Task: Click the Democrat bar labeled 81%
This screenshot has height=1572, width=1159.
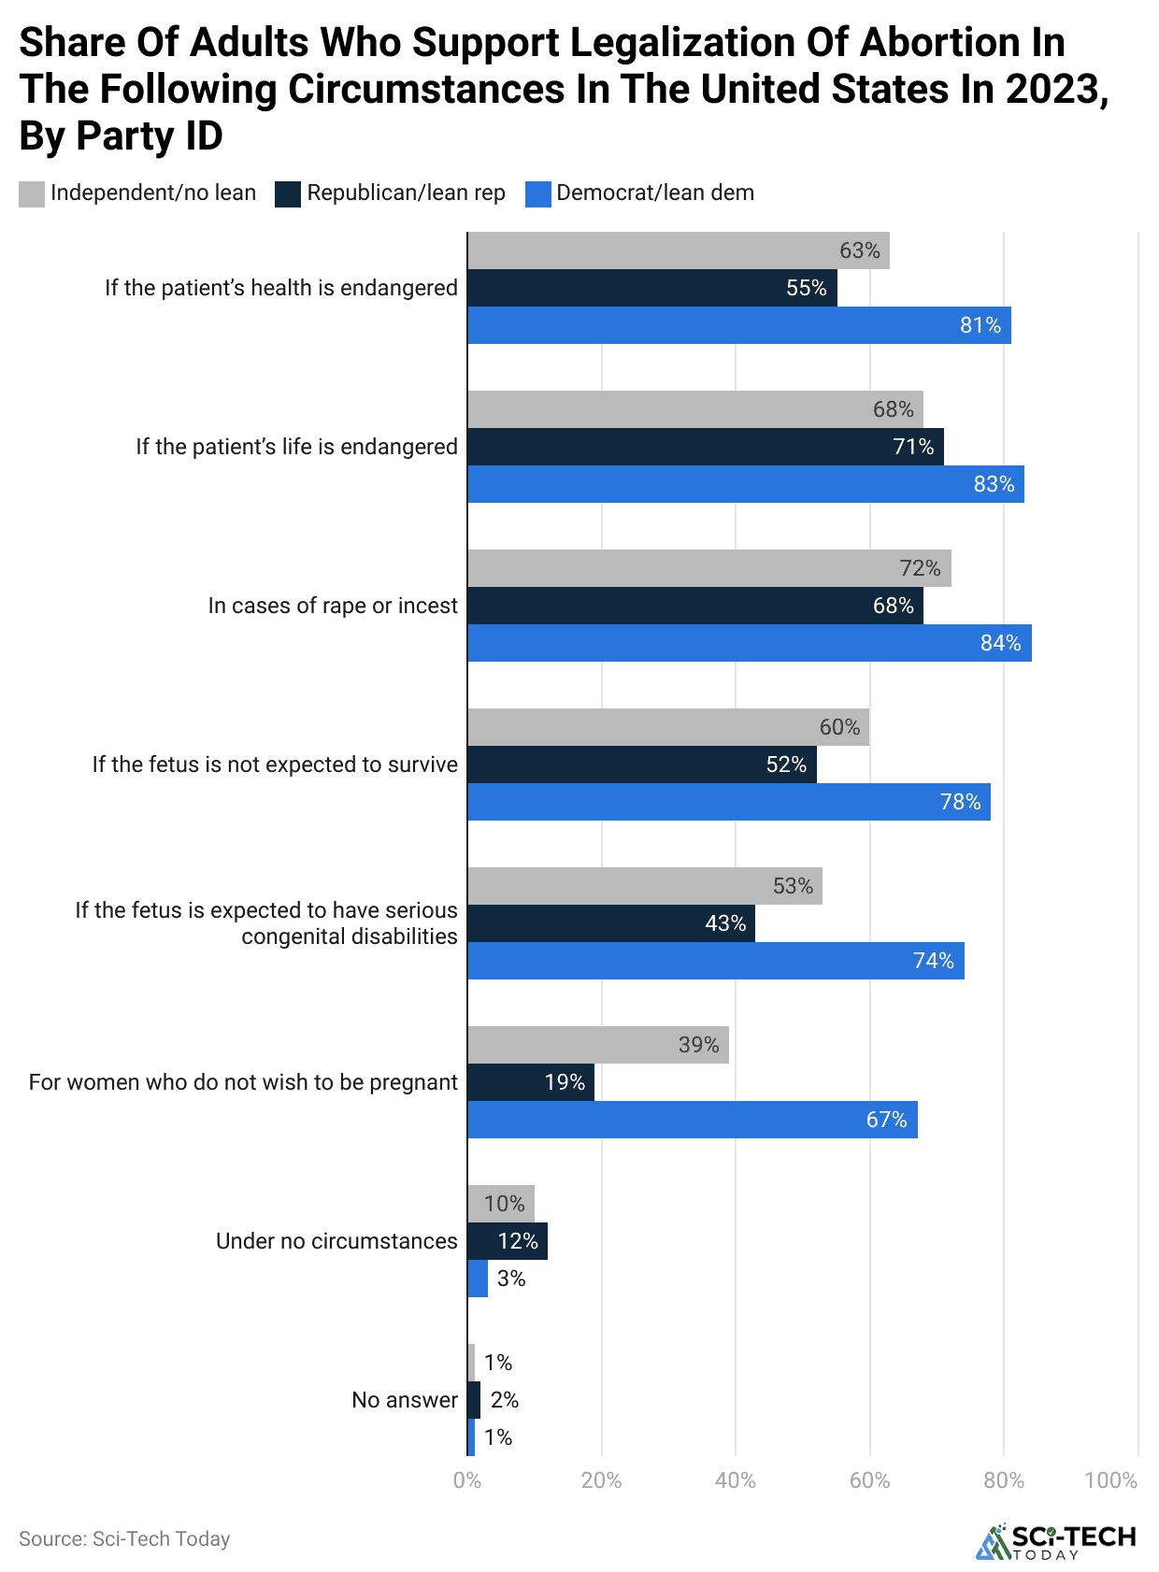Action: click(x=738, y=325)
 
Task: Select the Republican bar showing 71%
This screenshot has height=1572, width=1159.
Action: click(x=706, y=447)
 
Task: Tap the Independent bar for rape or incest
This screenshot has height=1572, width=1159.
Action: click(x=708, y=568)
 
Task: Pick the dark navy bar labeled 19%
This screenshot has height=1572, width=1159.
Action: click(x=530, y=1082)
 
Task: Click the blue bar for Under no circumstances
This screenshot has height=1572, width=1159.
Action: click(x=478, y=1279)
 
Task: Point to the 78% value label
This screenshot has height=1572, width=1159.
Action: click(x=960, y=802)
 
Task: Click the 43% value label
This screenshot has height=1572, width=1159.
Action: click(x=725, y=923)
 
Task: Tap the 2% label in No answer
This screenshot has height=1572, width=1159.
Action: click(x=504, y=1400)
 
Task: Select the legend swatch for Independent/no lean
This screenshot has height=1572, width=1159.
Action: click(x=31, y=193)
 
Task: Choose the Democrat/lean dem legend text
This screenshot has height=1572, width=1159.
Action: click(x=654, y=193)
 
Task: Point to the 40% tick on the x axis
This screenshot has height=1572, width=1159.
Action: click(x=735, y=1480)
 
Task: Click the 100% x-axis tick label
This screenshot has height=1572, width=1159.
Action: click(x=1110, y=1480)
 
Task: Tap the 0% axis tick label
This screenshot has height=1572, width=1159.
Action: click(x=466, y=1480)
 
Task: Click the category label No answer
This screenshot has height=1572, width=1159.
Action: click(x=404, y=1400)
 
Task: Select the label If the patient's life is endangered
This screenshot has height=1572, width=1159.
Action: click(x=296, y=447)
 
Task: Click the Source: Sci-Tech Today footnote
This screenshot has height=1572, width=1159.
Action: click(x=124, y=1538)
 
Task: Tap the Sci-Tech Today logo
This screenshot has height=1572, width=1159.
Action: click(x=1055, y=1541)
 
